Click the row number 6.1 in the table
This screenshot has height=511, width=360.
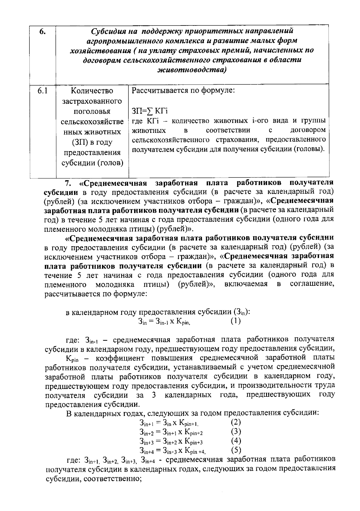coord(42,91)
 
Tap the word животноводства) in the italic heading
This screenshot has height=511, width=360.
coord(192,70)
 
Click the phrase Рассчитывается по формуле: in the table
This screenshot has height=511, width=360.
coord(183,90)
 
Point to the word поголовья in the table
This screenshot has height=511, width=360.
coord(92,112)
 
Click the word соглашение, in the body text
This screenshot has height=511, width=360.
coord(312,284)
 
